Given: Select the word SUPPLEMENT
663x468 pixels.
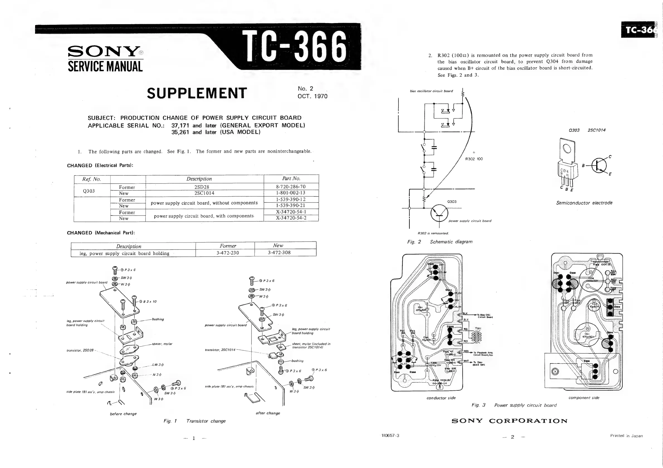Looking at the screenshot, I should (x=197, y=93).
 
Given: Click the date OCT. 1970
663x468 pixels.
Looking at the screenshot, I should (x=312, y=96).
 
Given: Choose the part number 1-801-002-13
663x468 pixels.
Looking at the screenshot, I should (x=290, y=193).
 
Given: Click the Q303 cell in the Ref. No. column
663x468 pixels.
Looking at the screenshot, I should (x=89, y=191).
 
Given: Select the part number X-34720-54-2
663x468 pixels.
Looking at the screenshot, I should (x=291, y=218).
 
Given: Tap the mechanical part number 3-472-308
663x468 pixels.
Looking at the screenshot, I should (x=279, y=252).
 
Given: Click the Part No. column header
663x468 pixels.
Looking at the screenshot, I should (x=291, y=179).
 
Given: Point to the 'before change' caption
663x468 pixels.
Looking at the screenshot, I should (x=123, y=414).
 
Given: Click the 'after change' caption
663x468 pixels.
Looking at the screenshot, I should (x=268, y=413).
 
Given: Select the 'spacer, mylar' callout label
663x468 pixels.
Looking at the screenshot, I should (x=162, y=344).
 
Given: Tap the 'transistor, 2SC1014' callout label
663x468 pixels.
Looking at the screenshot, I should (x=220, y=350).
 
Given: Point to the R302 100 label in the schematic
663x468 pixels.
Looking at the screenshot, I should (x=474, y=159).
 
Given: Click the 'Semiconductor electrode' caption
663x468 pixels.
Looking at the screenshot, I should (x=584, y=203).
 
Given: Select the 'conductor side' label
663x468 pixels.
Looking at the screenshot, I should (x=441, y=398).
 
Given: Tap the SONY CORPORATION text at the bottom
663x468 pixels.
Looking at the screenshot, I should (x=509, y=421).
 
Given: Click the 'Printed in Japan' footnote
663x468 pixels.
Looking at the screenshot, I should (x=626, y=436).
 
